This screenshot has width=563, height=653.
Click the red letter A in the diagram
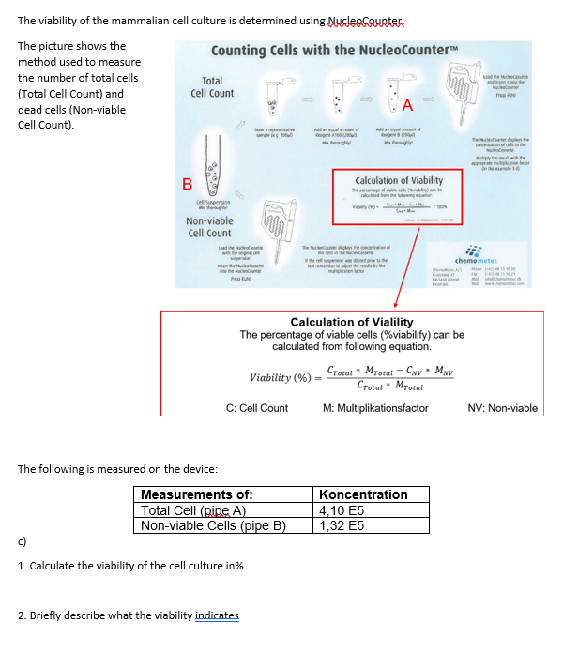[407, 105]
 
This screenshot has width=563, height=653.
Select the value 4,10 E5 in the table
[338, 510]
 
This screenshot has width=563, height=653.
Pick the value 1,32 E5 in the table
[338, 525]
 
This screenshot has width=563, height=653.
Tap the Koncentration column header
[363, 494]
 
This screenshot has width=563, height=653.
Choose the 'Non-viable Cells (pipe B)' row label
[212, 525]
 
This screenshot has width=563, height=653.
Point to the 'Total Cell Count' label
[212, 87]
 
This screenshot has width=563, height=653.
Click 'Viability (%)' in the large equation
[281, 377]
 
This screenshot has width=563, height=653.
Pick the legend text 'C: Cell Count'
[257, 408]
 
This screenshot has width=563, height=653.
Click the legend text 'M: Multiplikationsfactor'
[375, 408]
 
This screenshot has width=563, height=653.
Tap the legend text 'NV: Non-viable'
[502, 408]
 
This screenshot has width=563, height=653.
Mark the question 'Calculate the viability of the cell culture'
[131, 566]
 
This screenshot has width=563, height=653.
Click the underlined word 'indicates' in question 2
[217, 615]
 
